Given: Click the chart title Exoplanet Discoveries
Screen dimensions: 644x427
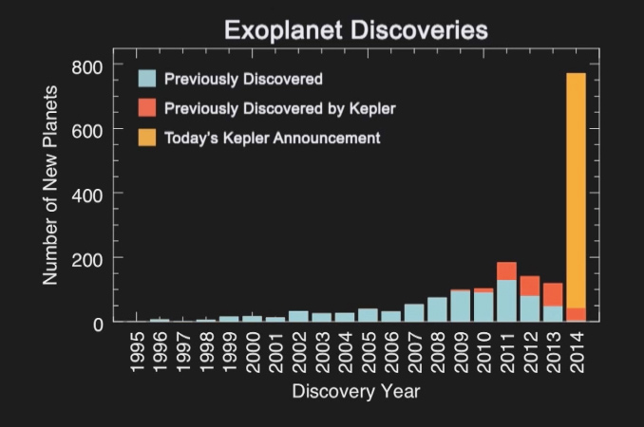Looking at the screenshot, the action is pyautogui.click(x=356, y=29).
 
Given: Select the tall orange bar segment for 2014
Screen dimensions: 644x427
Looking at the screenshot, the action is pyautogui.click(x=576, y=191).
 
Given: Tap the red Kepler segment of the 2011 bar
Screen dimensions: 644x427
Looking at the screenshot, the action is pyautogui.click(x=506, y=270).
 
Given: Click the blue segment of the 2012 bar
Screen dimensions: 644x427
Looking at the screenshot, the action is pyautogui.click(x=530, y=308).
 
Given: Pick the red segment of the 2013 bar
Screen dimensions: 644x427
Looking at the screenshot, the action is pyautogui.click(x=553, y=294).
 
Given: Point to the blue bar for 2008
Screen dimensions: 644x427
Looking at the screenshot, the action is pyautogui.click(x=437, y=309).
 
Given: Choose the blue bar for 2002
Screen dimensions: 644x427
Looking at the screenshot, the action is pyautogui.click(x=298, y=316).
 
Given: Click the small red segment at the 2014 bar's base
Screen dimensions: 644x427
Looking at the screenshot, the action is pyautogui.click(x=576, y=315).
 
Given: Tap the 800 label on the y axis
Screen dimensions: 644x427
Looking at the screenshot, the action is pyautogui.click(x=86, y=67).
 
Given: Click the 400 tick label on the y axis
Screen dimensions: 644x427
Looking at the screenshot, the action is pyautogui.click(x=86, y=195).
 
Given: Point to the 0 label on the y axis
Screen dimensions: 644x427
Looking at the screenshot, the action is pyautogui.click(x=98, y=325).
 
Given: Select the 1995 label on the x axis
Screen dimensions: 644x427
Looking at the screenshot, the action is pyautogui.click(x=137, y=352).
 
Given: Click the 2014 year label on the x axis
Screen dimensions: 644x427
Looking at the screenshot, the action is pyautogui.click(x=577, y=352).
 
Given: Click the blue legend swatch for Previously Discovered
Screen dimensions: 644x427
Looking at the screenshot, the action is pyautogui.click(x=147, y=79).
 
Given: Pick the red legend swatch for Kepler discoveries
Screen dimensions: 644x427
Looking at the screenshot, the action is pyautogui.click(x=147, y=107).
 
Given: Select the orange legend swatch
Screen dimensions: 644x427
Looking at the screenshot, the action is pyautogui.click(x=147, y=137).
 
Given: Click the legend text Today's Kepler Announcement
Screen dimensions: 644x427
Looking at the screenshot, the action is pyautogui.click(x=273, y=139).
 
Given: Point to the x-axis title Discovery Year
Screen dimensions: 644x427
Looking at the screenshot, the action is pyautogui.click(x=356, y=391).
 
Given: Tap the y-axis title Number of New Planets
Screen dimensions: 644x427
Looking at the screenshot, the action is pyautogui.click(x=50, y=185).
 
